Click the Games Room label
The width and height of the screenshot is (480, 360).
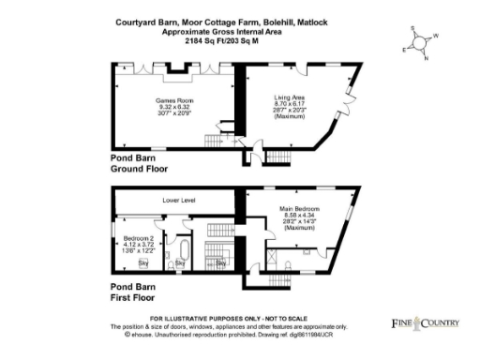point(172,98)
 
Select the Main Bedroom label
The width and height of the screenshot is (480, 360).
point(300,208)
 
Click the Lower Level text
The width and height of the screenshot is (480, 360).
point(177,200)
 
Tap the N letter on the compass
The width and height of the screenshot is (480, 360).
point(426,58)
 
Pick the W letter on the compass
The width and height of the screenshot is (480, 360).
point(435,37)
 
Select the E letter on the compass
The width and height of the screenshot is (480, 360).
point(404,48)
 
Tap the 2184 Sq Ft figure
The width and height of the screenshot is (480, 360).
point(205,41)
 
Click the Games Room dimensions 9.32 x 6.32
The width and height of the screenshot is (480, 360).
point(172,106)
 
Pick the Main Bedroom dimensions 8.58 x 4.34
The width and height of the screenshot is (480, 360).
point(300,216)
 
